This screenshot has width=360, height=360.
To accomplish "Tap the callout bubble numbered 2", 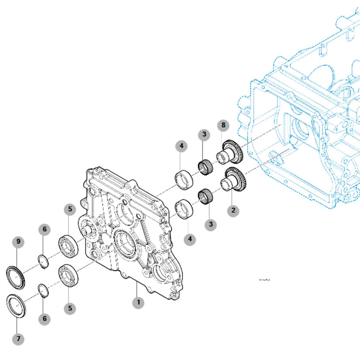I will tap(233, 210).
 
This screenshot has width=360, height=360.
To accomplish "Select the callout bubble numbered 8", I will tap(223, 126).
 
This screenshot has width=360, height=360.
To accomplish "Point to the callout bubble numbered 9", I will tap(18, 241).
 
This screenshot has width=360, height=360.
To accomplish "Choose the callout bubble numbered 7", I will tap(18, 338).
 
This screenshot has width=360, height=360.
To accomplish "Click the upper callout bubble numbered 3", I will tap(203, 134).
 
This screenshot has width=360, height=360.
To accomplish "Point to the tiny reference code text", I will tap(264, 280).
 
